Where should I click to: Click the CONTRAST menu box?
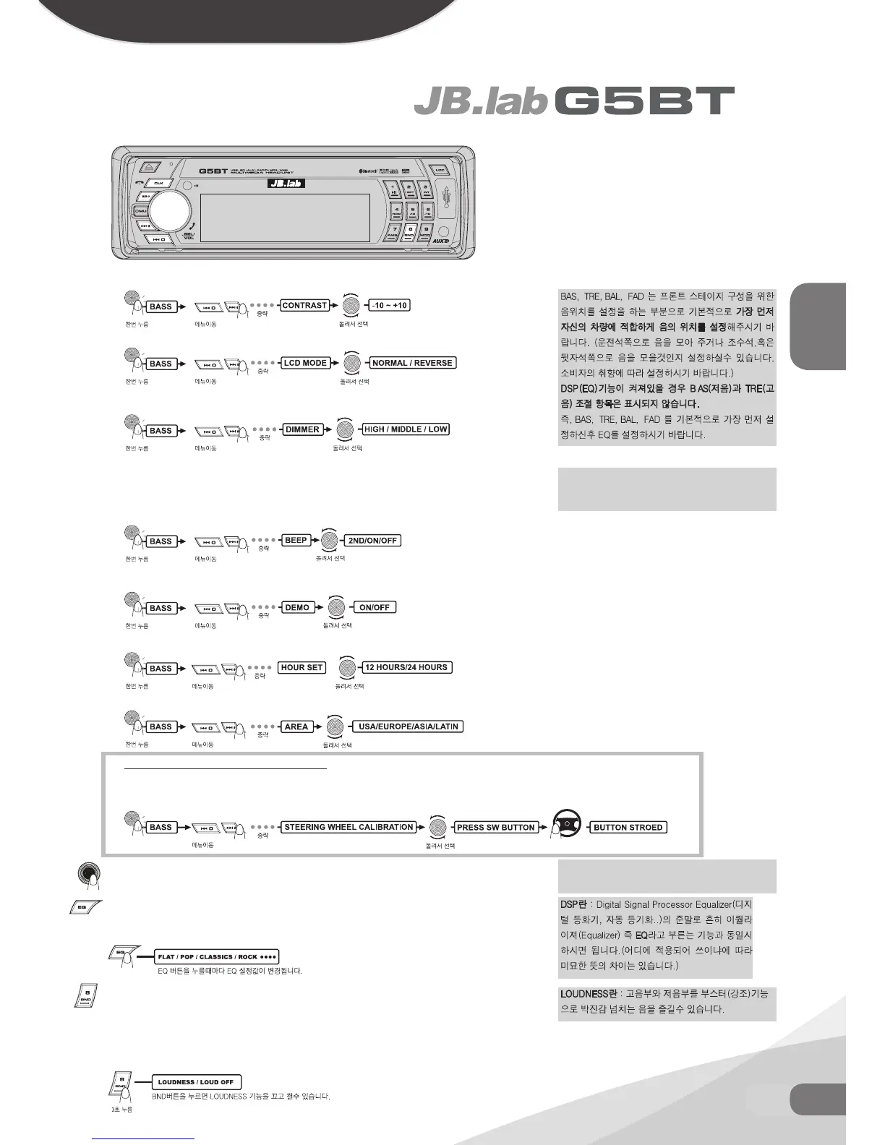(x=304, y=305)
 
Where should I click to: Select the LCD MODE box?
(x=305, y=363)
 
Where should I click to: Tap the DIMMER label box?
(x=302, y=429)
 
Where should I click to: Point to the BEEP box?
(x=296, y=540)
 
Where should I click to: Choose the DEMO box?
(x=297, y=607)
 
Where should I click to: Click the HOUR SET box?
(x=302, y=667)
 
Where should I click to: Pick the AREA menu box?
(x=296, y=726)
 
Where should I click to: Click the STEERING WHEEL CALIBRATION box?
(x=349, y=827)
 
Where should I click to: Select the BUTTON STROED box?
(x=628, y=827)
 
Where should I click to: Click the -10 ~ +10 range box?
(x=389, y=305)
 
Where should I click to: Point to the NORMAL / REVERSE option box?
(x=412, y=363)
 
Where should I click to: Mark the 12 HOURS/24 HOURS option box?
(x=406, y=667)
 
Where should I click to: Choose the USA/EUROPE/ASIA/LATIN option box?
(x=409, y=726)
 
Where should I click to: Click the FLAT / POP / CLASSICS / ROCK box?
(x=217, y=956)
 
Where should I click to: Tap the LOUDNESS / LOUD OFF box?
(x=196, y=1082)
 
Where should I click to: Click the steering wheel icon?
(x=568, y=824)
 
